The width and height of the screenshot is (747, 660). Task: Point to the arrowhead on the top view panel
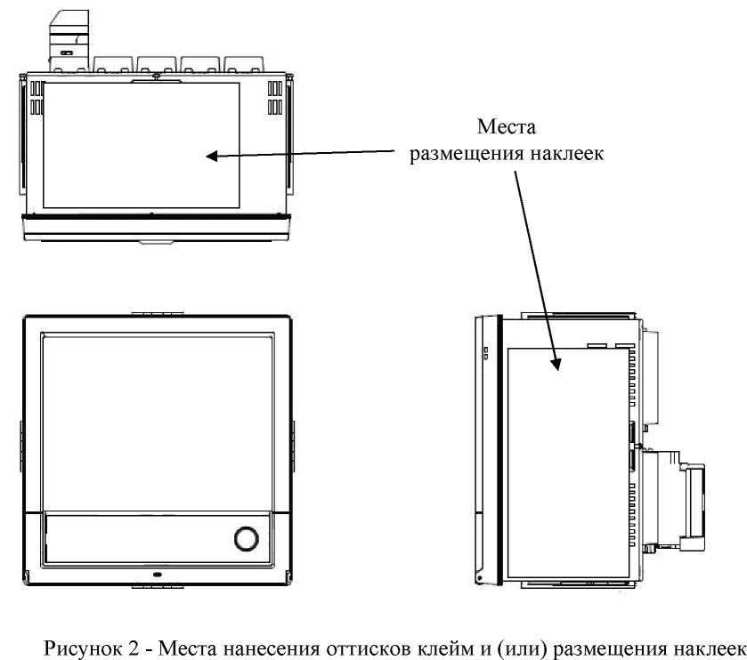click(x=212, y=157)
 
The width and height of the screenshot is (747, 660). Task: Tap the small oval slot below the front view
click(x=157, y=575)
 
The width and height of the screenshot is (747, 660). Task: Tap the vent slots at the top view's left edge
click(x=37, y=98)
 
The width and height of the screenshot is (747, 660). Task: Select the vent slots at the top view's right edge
click(x=274, y=98)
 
